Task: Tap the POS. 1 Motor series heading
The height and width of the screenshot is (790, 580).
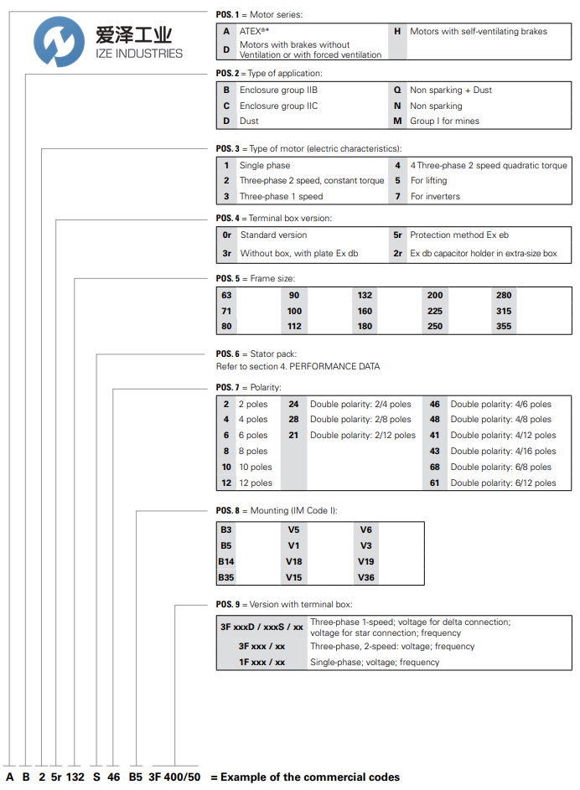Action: tap(259, 14)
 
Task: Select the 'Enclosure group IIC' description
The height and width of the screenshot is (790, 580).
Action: tap(278, 106)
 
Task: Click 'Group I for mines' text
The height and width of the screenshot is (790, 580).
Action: tap(444, 121)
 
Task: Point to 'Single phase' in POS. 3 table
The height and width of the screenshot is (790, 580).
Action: tap(265, 165)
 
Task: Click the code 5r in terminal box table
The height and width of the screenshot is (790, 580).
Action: tap(397, 235)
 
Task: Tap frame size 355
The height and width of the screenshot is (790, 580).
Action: tap(504, 326)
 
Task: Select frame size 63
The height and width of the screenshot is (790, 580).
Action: tap(227, 295)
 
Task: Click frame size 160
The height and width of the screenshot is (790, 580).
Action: tap(365, 311)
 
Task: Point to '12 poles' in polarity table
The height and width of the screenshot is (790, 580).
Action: tap(256, 483)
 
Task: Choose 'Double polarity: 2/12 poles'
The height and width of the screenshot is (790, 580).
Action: tap(362, 435)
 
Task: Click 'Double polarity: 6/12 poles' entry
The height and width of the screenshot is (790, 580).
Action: tap(503, 483)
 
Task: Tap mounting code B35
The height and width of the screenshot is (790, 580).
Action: tap(226, 577)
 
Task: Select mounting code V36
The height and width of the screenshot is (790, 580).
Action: tap(366, 577)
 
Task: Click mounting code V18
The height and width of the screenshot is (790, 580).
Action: tap(294, 561)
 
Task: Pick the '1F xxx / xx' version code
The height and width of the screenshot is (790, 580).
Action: tap(262, 662)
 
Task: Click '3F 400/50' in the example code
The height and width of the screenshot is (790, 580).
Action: tap(175, 777)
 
